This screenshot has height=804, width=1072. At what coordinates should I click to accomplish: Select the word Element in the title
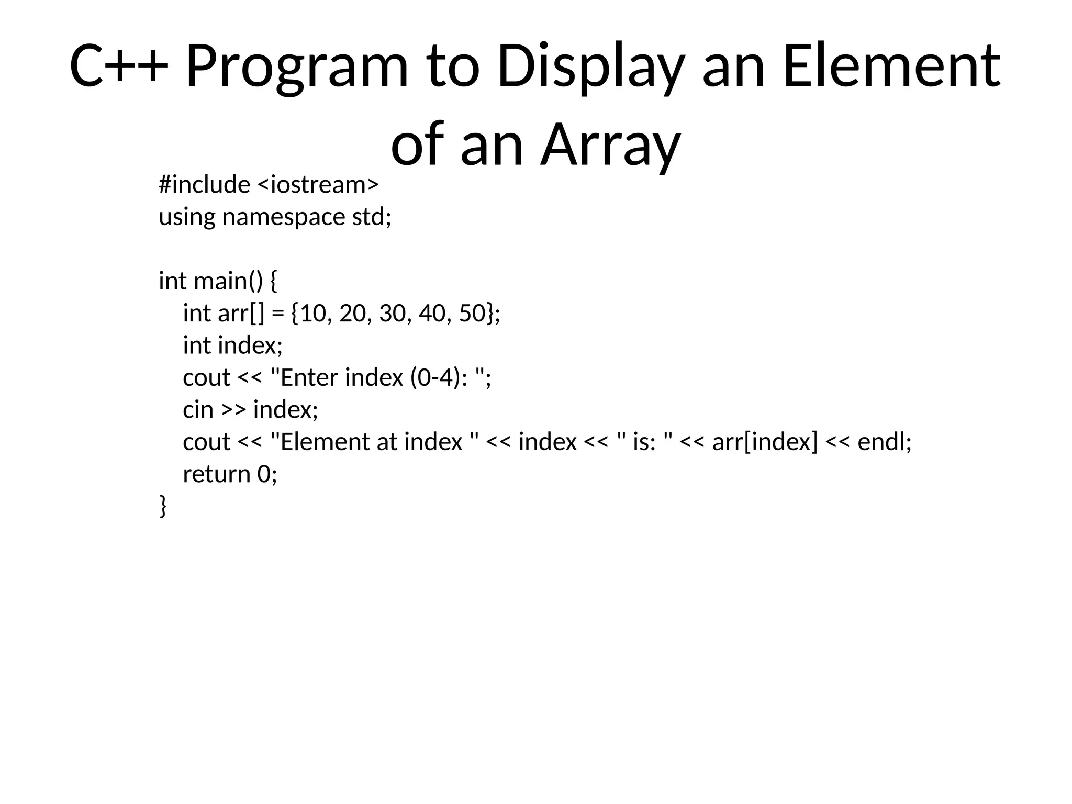click(891, 67)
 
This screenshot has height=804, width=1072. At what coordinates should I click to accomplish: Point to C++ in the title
click(119, 67)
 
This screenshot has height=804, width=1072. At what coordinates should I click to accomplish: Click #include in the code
click(205, 185)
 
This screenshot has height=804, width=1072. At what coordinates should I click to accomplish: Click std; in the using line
click(372, 217)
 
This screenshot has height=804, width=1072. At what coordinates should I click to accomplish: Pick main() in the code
click(228, 281)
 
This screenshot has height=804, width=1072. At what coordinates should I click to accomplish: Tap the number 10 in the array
click(314, 314)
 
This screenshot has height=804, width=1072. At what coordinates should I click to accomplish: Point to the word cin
click(198, 410)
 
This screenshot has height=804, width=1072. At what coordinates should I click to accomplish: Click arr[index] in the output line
click(765, 442)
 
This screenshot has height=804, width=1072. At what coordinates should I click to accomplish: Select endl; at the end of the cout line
click(885, 442)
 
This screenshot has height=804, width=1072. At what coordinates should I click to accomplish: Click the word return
click(216, 474)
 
